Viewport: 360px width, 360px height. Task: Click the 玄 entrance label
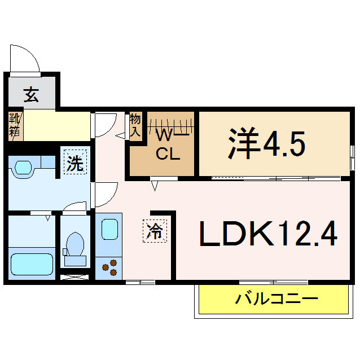pos(31,94)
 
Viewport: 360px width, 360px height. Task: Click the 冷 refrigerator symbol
pos(154,230)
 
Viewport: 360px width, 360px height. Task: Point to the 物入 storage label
pos(135,125)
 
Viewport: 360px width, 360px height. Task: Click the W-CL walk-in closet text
pos(168,145)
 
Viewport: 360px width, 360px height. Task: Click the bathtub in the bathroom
pos(32,263)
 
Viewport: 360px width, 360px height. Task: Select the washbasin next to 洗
pos(24,168)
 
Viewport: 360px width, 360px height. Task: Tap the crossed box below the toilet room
pos(74,277)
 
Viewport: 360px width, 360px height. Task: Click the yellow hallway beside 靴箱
pos(56,126)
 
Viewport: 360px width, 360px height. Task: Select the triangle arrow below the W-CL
pos(154,185)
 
